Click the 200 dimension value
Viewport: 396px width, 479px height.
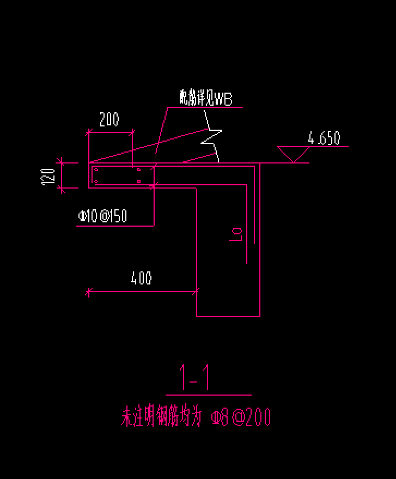(109, 119)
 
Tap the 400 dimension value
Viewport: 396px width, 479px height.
(141, 278)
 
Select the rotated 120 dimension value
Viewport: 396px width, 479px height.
(48, 175)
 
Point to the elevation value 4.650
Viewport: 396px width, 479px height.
(324, 138)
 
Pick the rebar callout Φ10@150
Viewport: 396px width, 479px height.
(102, 216)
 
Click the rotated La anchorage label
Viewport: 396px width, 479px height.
(236, 234)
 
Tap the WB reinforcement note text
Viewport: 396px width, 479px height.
(206, 99)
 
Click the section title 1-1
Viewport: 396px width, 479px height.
(195, 378)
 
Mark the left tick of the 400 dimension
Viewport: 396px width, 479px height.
(88, 292)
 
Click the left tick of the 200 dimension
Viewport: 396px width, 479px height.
(88, 131)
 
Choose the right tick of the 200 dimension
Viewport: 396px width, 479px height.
(132, 131)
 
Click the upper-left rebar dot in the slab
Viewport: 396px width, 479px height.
(96, 170)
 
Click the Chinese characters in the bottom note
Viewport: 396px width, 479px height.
(161, 417)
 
